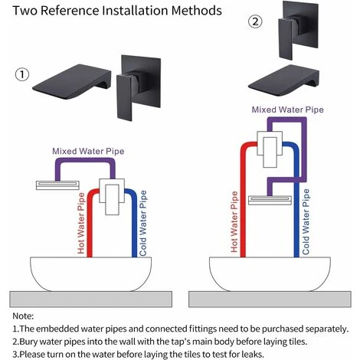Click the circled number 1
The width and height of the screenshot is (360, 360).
tap(22, 74)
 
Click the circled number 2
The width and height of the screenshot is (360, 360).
tap(255, 21)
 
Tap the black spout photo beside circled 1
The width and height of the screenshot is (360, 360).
tap(72, 81)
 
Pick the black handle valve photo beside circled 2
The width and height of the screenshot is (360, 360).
tap(298, 30)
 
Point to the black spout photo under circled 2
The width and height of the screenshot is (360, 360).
tap(283, 81)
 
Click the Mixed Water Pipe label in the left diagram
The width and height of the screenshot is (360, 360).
tap(88, 151)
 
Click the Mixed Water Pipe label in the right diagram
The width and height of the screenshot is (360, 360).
tap(288, 110)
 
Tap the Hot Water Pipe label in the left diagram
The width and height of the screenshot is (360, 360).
tap(81, 223)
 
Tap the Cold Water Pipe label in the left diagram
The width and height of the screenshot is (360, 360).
tap(143, 223)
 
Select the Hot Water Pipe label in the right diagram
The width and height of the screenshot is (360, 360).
tap(234, 222)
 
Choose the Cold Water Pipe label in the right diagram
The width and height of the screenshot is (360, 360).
tap(306, 221)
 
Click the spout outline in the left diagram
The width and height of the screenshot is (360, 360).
tap(57, 185)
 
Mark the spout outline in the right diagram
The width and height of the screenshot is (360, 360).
tap(270, 201)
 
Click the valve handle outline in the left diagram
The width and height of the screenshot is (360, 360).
tap(112, 199)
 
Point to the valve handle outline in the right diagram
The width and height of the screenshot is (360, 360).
tap(270, 152)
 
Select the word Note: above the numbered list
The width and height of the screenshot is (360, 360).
tap(23, 316)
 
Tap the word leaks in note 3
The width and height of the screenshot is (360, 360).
tap(252, 355)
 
